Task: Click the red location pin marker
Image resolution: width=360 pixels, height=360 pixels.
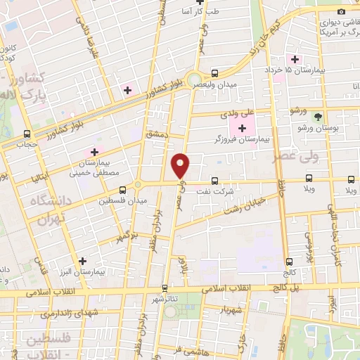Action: pyautogui.click(x=181, y=165)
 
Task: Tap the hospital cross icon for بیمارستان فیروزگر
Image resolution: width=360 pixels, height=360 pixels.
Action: pyautogui.click(x=243, y=128)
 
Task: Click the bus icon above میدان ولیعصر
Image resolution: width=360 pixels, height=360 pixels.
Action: pyautogui.click(x=215, y=72)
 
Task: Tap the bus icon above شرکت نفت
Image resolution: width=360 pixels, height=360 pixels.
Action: pyautogui.click(x=214, y=180)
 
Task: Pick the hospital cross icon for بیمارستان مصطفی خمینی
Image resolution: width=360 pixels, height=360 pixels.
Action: pyautogui.click(x=94, y=152)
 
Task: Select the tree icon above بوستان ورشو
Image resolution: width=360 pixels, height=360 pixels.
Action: pyautogui.click(x=319, y=117)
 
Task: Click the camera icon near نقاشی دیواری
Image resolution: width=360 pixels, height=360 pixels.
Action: pyautogui.click(x=341, y=11)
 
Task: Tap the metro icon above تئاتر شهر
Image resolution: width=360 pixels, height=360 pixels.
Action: pyautogui.click(x=165, y=288)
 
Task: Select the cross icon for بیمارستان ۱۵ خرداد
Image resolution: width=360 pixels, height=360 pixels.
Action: pyautogui.click(x=295, y=60)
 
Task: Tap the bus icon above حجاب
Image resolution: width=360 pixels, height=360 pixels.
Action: pyautogui.click(x=27, y=134)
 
